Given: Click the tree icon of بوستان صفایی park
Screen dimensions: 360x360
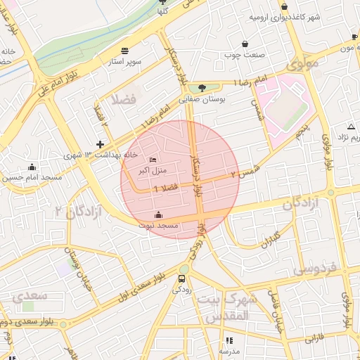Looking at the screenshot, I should [x=202, y=88].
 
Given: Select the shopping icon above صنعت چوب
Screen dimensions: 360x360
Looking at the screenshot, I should [x=245, y=44].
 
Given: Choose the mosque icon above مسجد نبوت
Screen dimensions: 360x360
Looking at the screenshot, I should [x=159, y=214].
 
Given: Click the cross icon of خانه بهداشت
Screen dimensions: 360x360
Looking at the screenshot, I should [x=100, y=143].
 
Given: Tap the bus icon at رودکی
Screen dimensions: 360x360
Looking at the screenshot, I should [x=183, y=278].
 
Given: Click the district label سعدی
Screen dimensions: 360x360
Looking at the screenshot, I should [x=30, y=295].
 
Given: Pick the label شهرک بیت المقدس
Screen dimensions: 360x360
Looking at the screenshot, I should [x=230, y=308].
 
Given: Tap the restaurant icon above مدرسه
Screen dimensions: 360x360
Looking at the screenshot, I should [x=229, y=340].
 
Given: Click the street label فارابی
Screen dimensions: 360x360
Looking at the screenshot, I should [x=314, y=338].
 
